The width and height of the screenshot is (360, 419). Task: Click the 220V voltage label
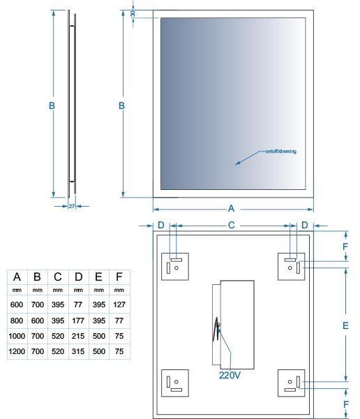point(230,375)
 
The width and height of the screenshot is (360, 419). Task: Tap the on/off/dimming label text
point(281,152)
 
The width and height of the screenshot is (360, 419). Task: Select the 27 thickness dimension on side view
point(72,206)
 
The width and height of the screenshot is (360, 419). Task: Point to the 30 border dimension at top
point(133,14)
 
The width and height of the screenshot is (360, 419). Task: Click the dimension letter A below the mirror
point(231,208)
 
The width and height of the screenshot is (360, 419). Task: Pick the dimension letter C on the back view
point(231,226)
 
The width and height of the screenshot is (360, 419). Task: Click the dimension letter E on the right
point(345,325)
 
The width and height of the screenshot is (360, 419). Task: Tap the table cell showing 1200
point(17,351)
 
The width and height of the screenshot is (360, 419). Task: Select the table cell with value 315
point(78,351)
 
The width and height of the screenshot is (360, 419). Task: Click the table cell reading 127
point(119,304)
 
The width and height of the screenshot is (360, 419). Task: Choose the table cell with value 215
point(78,336)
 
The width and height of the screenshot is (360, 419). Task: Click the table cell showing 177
point(78,320)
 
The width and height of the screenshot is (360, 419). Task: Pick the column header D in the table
point(78,277)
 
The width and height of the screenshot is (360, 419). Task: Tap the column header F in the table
point(119,277)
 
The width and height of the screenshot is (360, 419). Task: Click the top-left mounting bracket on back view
point(175,267)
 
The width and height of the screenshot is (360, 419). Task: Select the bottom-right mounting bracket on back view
point(291,383)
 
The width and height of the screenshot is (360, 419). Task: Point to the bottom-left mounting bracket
point(175,383)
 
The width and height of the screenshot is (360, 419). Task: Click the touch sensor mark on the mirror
point(234,166)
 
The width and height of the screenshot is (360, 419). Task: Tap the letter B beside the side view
point(52,106)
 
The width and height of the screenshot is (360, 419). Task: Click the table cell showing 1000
point(17,336)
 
